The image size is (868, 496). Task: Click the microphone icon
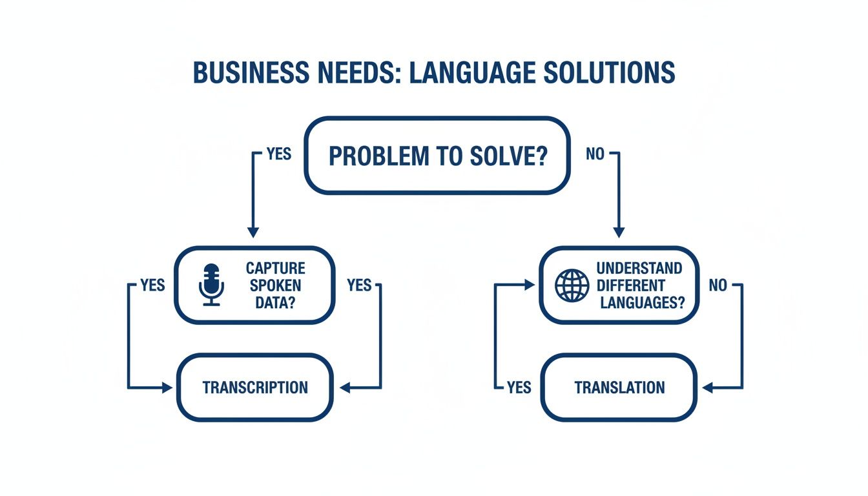click(x=211, y=284)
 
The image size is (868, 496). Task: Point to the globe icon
click(x=572, y=285)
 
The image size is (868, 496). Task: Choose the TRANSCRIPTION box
click(x=255, y=387)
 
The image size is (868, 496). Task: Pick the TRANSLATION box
click(x=619, y=387)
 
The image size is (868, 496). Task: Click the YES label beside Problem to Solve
click(x=278, y=154)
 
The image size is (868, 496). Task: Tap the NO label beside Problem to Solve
click(x=595, y=154)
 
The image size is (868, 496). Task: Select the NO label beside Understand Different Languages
click(x=718, y=285)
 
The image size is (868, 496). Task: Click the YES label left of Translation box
click(x=519, y=387)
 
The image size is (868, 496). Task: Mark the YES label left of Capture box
click(x=152, y=285)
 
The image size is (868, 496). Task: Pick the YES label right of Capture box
click(x=359, y=285)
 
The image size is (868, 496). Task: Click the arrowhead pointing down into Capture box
click(x=253, y=232)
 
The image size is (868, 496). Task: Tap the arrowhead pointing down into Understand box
click(x=619, y=232)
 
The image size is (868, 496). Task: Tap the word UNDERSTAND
click(x=639, y=268)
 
